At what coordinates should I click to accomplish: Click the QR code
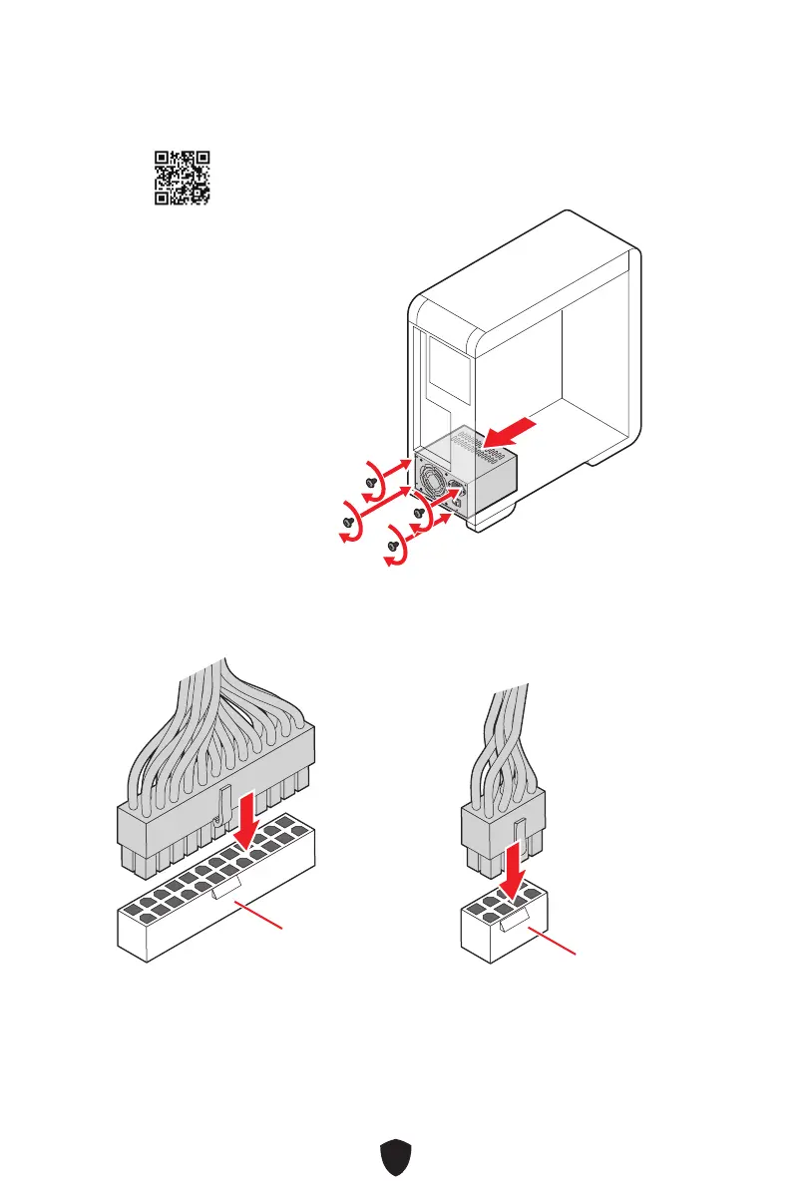(182, 178)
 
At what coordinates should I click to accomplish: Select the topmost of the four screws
(373, 481)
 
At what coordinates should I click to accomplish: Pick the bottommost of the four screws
(393, 547)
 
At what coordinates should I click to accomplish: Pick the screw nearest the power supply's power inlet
(420, 515)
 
